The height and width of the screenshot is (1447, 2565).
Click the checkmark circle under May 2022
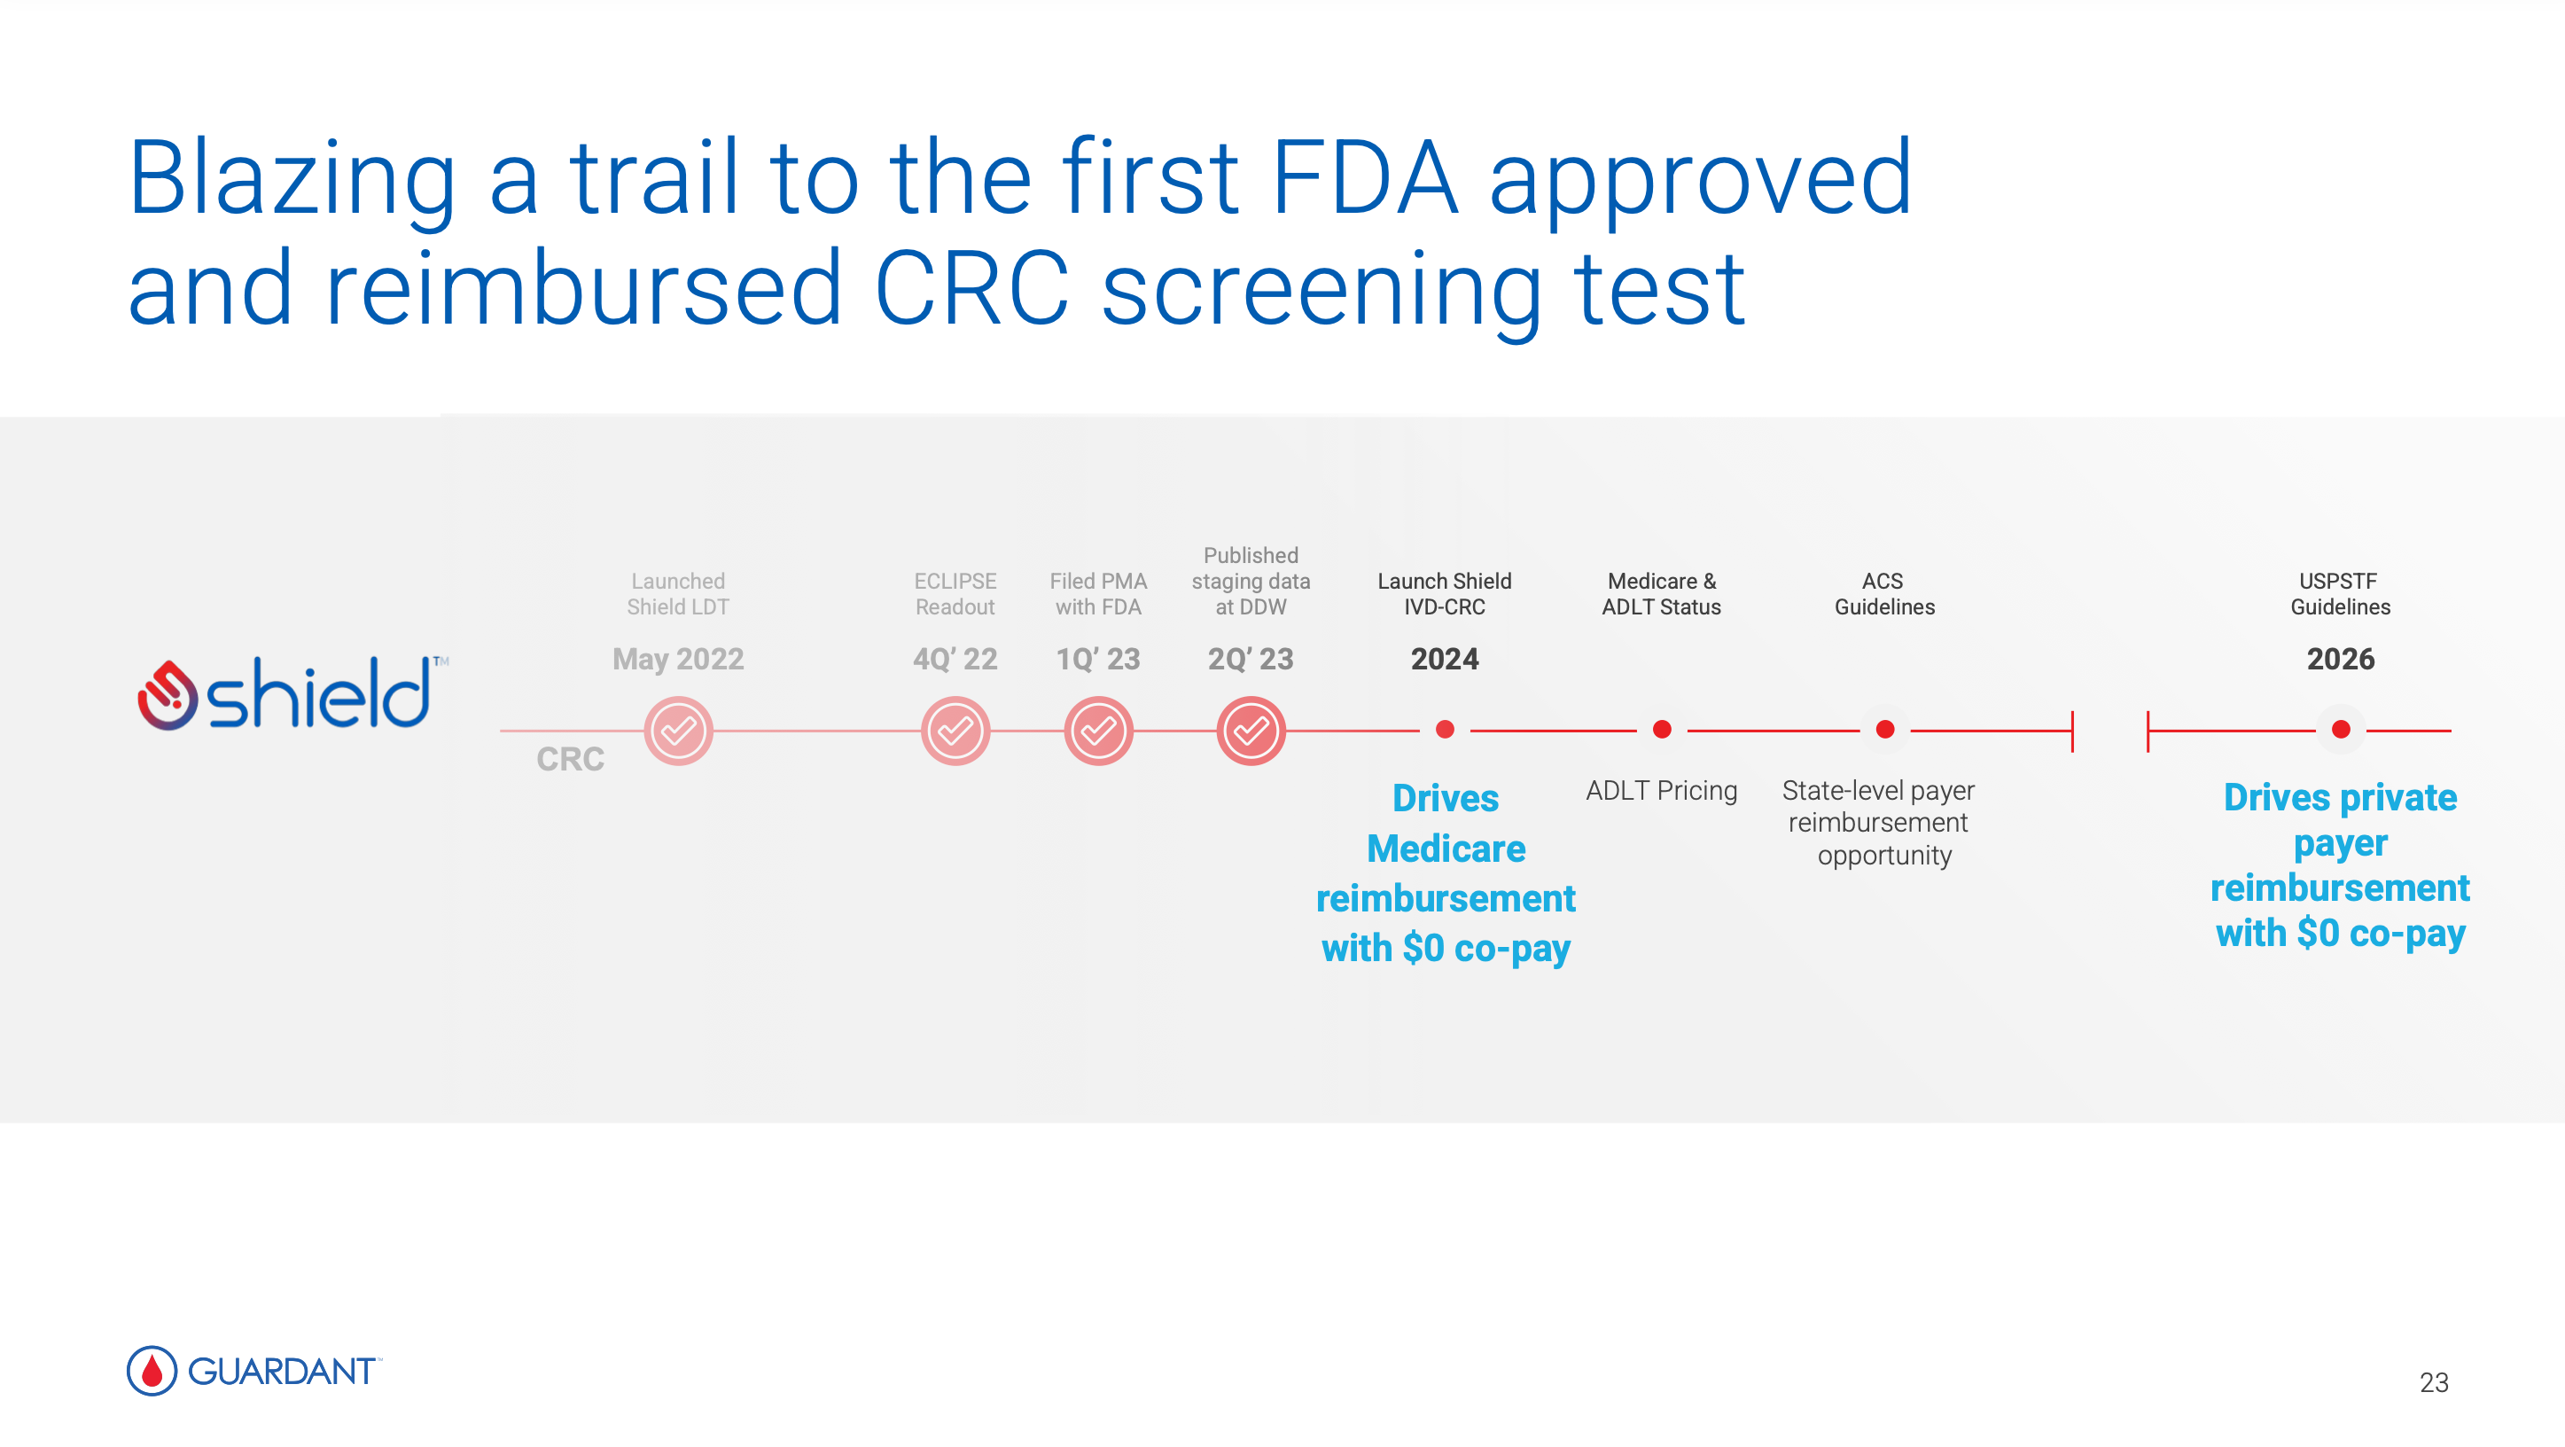tap(678, 731)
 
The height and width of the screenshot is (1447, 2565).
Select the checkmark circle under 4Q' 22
tap(955, 731)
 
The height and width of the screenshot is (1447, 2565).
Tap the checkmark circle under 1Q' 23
tap(1098, 731)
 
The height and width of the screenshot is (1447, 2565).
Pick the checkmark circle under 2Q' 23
tap(1251, 731)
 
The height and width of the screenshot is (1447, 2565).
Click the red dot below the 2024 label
tap(1445, 730)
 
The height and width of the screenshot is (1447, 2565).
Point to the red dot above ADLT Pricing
tap(1662, 730)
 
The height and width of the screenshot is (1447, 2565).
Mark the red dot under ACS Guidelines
tap(1885, 730)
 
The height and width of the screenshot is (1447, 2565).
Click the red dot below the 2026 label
tap(2341, 730)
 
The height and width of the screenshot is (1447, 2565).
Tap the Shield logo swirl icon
tap(167, 695)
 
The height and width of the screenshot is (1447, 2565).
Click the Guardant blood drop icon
tap(152, 1372)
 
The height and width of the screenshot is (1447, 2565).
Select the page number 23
tap(2434, 1382)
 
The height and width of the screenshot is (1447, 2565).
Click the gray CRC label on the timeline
tap(570, 759)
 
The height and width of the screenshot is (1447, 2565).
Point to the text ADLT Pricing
tap(1661, 791)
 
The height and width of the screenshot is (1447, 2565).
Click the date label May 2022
tap(678, 660)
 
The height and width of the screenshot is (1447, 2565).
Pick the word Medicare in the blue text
tap(1446, 849)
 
